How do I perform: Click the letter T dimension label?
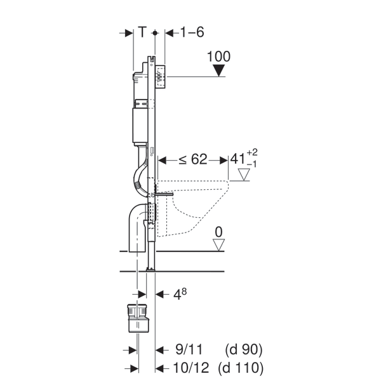click(143, 32)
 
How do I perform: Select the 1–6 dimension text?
click(192, 32)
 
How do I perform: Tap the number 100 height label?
click(218, 57)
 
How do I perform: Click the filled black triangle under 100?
click(219, 70)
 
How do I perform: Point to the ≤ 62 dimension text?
click(193, 159)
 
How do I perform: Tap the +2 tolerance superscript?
click(252, 152)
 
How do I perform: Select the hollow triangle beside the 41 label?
click(244, 175)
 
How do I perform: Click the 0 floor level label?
click(218, 232)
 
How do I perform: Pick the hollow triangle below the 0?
click(218, 244)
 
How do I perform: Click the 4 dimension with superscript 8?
click(180, 294)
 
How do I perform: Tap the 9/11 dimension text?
click(189, 350)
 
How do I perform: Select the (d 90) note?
click(244, 350)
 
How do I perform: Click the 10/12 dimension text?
click(190, 368)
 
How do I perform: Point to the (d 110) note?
click(241, 368)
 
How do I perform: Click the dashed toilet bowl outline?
click(193, 208)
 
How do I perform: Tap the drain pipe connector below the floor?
click(138, 318)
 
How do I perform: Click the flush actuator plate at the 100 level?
click(161, 77)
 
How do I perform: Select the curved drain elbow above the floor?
click(138, 227)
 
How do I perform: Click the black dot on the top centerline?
click(155, 32)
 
